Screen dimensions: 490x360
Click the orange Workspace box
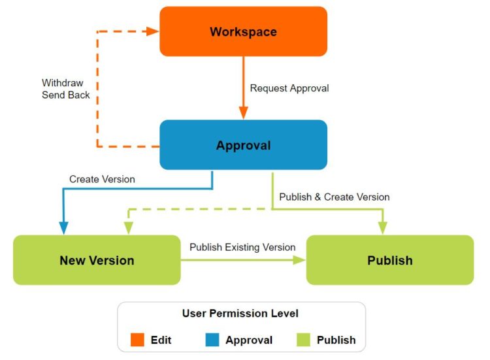pyautogui.click(x=244, y=31)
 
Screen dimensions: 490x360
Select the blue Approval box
pyautogui.click(x=244, y=145)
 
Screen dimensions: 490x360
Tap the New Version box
pyautogui.click(x=97, y=260)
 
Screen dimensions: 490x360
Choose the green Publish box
pyautogui.click(x=390, y=260)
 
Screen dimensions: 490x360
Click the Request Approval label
pyautogui.click(x=289, y=88)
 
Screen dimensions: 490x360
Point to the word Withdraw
pyautogui.click(x=63, y=83)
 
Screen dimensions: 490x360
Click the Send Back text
pyautogui.click(x=65, y=95)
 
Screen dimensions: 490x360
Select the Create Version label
pyautogui.click(x=102, y=179)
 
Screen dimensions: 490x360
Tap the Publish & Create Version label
pyautogui.click(x=335, y=197)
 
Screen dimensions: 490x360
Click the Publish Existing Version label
pyautogui.click(x=242, y=247)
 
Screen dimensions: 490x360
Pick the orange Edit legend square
pyautogui.click(x=137, y=340)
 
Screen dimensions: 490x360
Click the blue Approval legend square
pyautogui.click(x=212, y=340)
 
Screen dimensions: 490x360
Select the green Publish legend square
pyautogui.click(x=303, y=340)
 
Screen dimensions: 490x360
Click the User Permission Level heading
pyautogui.click(x=240, y=313)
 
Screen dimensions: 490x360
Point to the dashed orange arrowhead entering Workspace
pyautogui.click(x=153, y=31)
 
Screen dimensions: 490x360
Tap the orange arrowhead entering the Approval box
pyautogui.click(x=244, y=113)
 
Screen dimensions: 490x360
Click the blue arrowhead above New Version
pyautogui.click(x=64, y=228)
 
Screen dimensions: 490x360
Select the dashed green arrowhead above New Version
pyautogui.click(x=129, y=228)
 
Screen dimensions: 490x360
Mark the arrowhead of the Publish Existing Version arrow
pyautogui.click(x=299, y=260)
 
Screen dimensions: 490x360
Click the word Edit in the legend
pyautogui.click(x=161, y=340)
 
